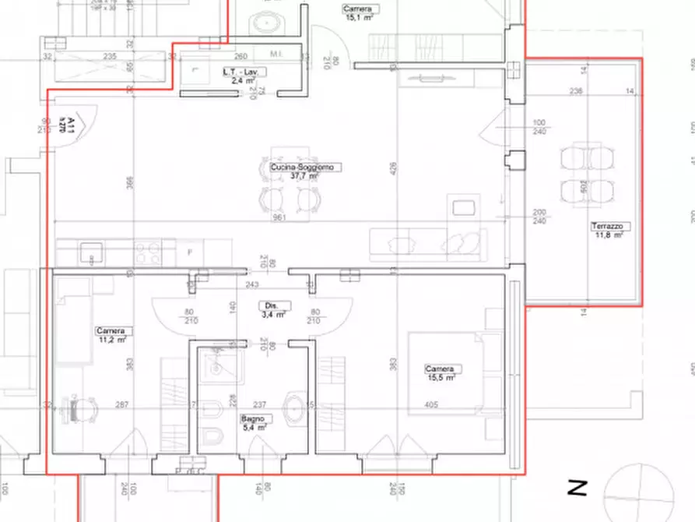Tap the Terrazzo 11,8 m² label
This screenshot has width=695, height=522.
point(609,230)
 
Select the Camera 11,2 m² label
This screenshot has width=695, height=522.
point(111,335)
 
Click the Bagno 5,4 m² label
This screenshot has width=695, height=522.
point(257,423)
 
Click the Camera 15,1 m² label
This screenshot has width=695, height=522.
point(358,12)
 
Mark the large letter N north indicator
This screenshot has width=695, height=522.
point(577,488)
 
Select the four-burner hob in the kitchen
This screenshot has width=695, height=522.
point(149,252)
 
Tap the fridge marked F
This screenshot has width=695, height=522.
point(189,252)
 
